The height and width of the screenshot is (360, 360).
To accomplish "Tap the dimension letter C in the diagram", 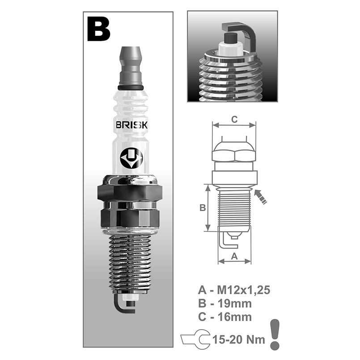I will (x=233, y=119).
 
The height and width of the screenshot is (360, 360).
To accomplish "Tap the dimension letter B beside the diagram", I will (x=202, y=208).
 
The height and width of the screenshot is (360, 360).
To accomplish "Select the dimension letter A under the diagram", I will (x=233, y=256).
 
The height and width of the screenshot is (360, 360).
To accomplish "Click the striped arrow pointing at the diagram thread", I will (x=261, y=197).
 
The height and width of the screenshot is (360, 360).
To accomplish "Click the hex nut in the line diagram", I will (x=234, y=153).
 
